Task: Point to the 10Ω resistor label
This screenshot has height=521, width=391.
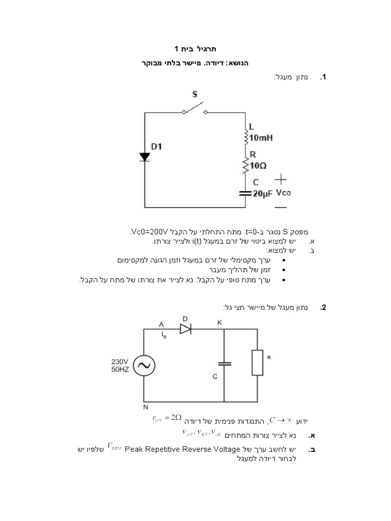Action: pyautogui.click(x=259, y=165)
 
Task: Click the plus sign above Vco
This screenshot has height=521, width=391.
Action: pyautogui.click(x=281, y=179)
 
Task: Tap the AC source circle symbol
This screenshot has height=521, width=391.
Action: pyautogui.click(x=144, y=365)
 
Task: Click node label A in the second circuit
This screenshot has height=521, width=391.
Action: pyautogui.click(x=161, y=324)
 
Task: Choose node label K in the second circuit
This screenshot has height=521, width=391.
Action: pyautogui.click(x=219, y=323)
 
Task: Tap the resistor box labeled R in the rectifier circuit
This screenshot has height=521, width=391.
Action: pyautogui.click(x=258, y=362)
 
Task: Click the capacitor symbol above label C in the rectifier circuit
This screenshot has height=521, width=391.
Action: pyautogui.click(x=224, y=363)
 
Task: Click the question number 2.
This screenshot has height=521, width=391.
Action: pyautogui.click(x=323, y=308)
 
